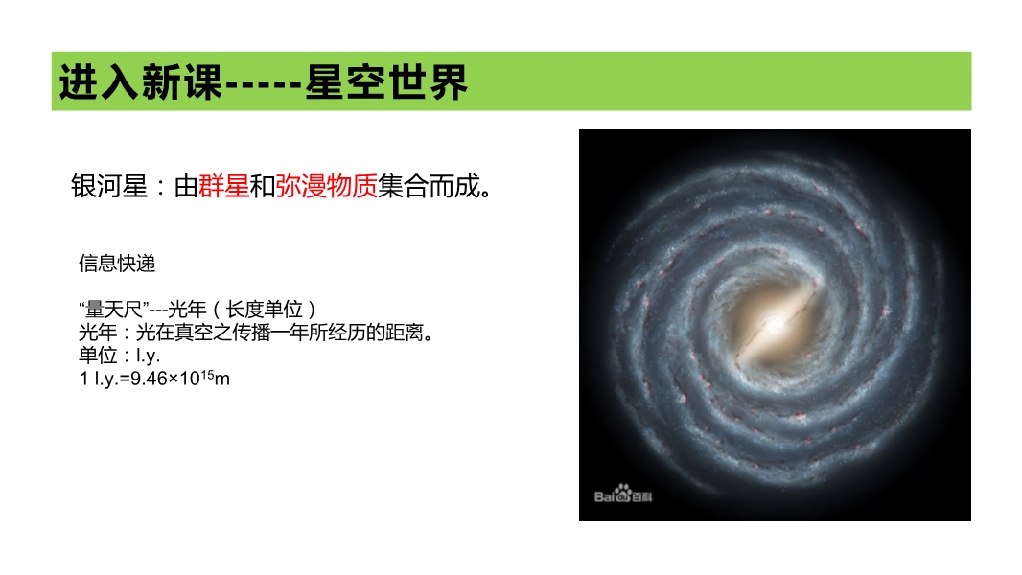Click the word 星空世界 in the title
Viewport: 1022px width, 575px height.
[386, 82]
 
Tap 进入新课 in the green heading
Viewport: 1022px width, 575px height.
[141, 82]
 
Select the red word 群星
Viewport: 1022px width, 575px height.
[223, 186]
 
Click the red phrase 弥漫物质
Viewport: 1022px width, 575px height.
[326, 186]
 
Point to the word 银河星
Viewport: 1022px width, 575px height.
[109, 186]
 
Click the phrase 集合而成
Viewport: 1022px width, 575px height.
[429, 186]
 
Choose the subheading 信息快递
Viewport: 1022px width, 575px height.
[117, 264]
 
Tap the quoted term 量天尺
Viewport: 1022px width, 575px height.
[114, 309]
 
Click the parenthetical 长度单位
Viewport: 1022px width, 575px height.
[264, 309]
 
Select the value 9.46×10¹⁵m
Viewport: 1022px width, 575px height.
[180, 377]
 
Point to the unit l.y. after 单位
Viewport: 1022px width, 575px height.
[148, 356]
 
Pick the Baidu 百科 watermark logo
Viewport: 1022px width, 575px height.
[623, 494]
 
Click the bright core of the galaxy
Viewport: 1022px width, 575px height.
[775, 323]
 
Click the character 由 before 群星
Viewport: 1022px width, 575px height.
[186, 186]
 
